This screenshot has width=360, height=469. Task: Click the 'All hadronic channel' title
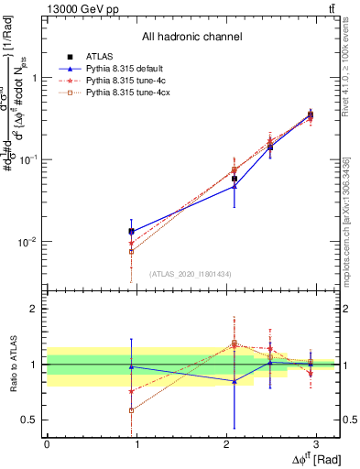191,37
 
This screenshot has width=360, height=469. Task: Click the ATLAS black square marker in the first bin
132,232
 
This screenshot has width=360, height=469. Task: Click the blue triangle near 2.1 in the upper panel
235,186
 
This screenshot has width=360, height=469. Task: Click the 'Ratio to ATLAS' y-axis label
12,364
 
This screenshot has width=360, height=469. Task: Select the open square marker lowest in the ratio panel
132,410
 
